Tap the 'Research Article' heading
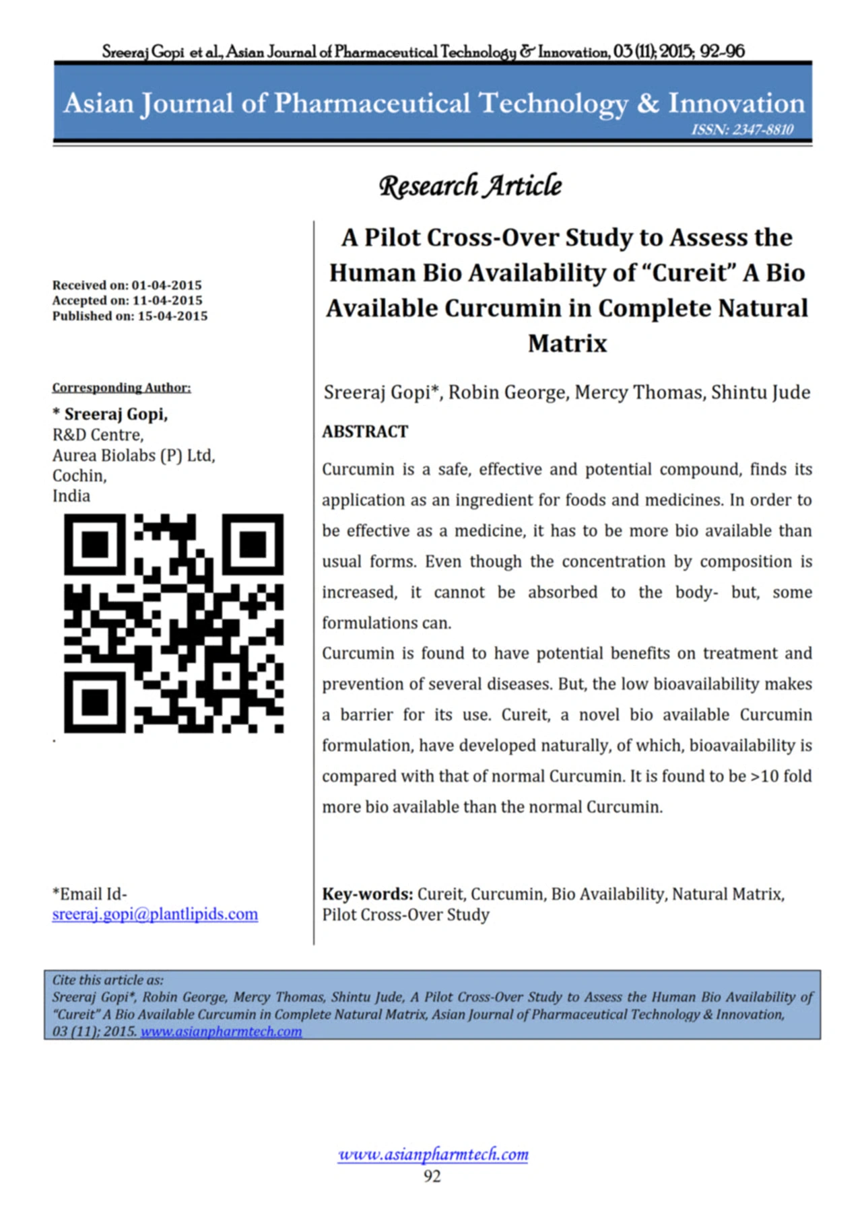470,186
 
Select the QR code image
174,623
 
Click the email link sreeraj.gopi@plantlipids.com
155,914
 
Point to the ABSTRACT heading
365,431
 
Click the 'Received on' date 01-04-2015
166,285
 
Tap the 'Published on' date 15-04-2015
172,316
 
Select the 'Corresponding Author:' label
121,387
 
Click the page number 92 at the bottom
432,1176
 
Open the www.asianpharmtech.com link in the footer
433,1154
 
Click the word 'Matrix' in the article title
567,343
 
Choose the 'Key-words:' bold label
367,894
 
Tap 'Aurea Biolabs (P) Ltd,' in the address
133,455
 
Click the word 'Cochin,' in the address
79,475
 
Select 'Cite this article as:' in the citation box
108,980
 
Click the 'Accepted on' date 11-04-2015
167,300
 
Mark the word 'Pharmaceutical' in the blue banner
372,103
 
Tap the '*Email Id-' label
90,894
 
